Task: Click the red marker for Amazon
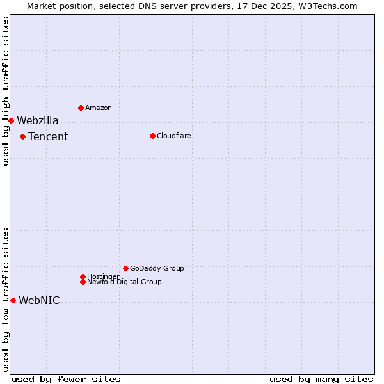pos(81,108)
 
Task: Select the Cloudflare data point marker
pos(152,136)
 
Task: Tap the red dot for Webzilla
pos(11,120)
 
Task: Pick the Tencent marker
pos(22,136)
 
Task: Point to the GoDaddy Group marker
pos(125,268)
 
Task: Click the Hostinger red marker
pos(83,276)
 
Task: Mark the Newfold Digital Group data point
pos(83,282)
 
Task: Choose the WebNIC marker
pos(13,300)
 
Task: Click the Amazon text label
pos(99,108)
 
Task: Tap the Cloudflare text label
pos(174,136)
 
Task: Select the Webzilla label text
pos(38,120)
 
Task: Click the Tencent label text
pos(48,136)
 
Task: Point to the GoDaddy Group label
pos(157,268)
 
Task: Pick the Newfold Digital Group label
pos(125,282)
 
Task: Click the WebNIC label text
pos(40,300)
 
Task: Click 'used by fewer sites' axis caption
pos(66,379)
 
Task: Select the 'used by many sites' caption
pos(321,379)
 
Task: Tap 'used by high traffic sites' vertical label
pos(6,91)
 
